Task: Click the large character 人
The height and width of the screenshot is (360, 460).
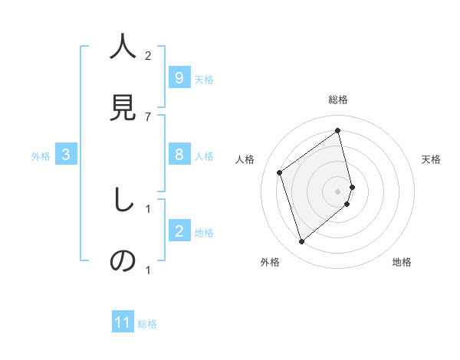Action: [123, 47]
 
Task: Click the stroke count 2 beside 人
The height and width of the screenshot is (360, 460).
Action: [148, 56]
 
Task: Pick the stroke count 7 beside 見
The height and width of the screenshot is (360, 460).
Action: [148, 116]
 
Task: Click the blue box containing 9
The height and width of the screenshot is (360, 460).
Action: [179, 78]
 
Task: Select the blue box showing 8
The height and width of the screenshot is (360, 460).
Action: [179, 155]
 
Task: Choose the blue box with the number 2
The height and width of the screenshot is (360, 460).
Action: [179, 231]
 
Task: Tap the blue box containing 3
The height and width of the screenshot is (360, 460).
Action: [66, 155]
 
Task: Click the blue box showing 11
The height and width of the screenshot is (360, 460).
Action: [123, 322]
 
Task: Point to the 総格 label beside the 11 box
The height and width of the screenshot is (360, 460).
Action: [147, 324]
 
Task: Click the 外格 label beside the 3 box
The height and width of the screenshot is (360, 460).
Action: [41, 156]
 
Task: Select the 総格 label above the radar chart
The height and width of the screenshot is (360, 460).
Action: [338, 100]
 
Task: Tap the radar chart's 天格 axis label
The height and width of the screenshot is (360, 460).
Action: [431, 159]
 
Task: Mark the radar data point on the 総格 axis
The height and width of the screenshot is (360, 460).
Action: [338, 131]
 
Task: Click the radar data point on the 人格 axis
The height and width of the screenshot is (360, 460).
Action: [280, 172]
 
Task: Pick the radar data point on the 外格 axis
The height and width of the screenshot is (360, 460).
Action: [301, 242]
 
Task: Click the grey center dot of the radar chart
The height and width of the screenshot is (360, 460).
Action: [338, 191]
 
